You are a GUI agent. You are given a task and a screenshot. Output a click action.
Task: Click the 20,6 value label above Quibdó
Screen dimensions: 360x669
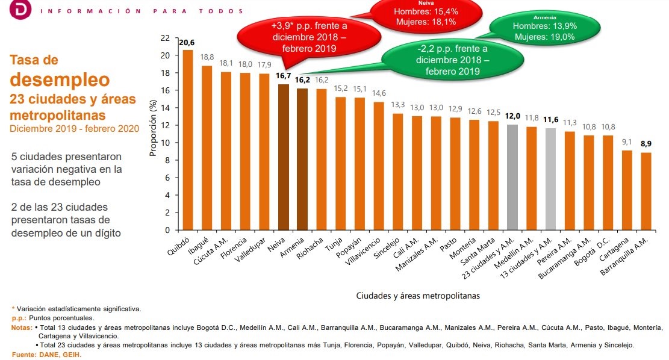[x=187, y=42]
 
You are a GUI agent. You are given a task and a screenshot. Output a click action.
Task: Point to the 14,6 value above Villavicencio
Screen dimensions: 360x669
[x=378, y=93]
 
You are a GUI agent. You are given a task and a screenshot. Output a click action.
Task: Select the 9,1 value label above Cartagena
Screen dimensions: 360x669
[x=627, y=142]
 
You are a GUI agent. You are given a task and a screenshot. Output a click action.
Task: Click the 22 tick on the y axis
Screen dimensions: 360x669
[x=166, y=38]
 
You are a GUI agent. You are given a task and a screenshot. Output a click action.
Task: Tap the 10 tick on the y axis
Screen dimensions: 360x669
[x=166, y=143]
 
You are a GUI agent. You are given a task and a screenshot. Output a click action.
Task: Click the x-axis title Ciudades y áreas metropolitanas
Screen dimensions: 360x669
[x=418, y=296]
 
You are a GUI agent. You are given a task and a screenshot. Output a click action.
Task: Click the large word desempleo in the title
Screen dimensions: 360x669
[x=60, y=79]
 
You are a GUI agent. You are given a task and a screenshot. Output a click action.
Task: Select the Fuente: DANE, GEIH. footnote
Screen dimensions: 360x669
[x=46, y=355]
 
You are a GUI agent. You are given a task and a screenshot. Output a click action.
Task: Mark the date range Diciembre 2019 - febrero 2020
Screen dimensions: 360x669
[x=74, y=128]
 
